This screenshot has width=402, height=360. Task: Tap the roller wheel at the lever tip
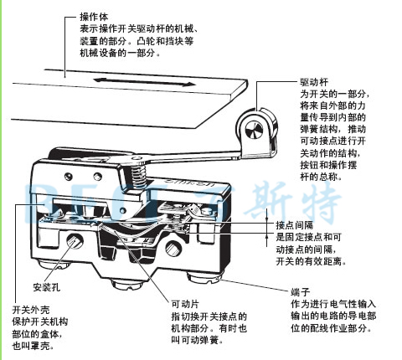click(x=255, y=128)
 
